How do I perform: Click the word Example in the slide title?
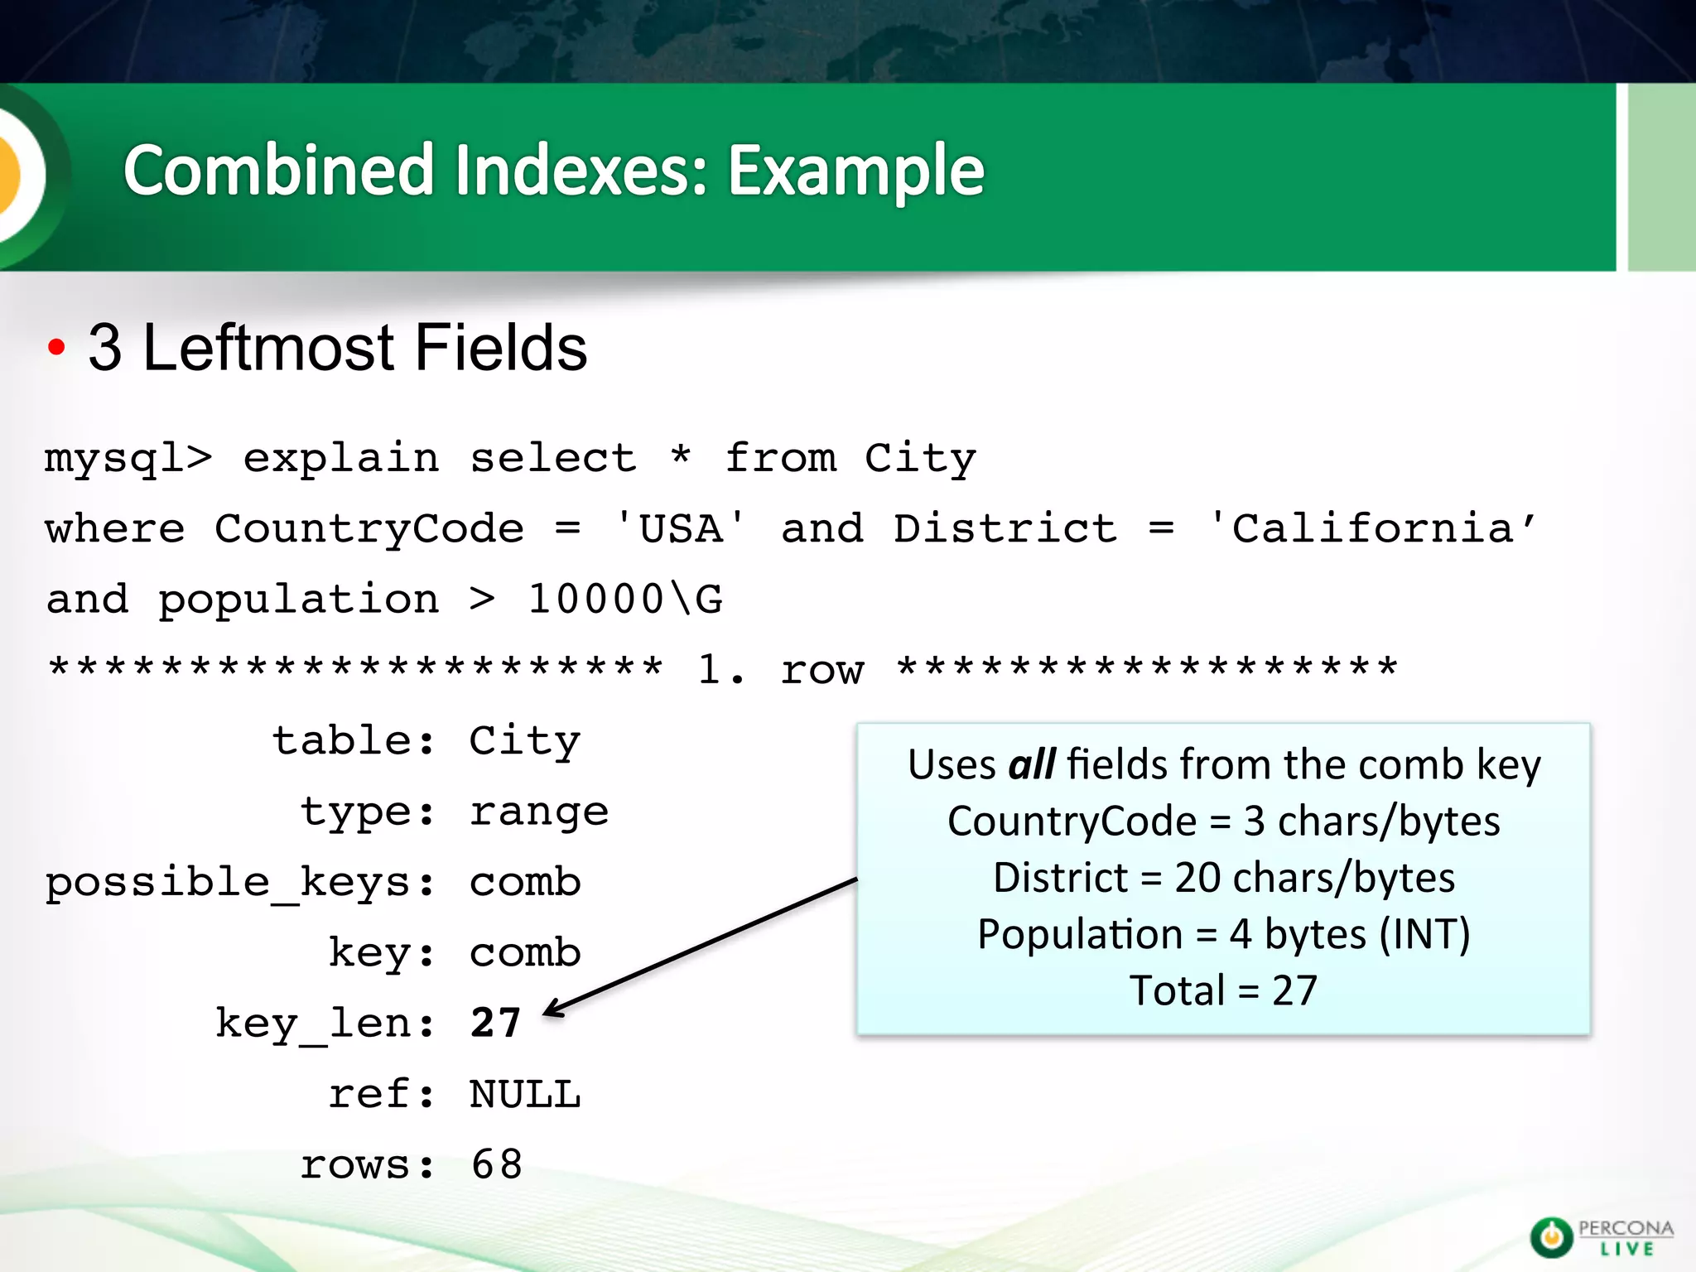(x=855, y=171)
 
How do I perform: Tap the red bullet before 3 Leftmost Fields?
(x=55, y=347)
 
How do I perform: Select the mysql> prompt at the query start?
(x=128, y=458)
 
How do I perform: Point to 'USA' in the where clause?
(x=680, y=528)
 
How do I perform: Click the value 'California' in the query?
(x=1372, y=528)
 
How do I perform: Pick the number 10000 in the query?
(x=595, y=599)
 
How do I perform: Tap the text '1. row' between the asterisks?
(x=780, y=669)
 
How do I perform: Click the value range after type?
(x=539, y=812)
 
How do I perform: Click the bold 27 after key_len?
(x=495, y=1023)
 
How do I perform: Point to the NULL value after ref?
(x=525, y=1094)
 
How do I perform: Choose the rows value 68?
(x=496, y=1164)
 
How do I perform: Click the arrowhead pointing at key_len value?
(x=552, y=1009)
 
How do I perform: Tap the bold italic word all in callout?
(x=1031, y=764)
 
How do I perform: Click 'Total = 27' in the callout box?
(x=1223, y=990)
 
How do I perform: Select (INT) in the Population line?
(x=1424, y=934)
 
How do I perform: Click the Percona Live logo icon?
(x=1551, y=1237)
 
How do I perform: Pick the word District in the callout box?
(x=1060, y=878)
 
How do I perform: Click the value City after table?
(x=525, y=741)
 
